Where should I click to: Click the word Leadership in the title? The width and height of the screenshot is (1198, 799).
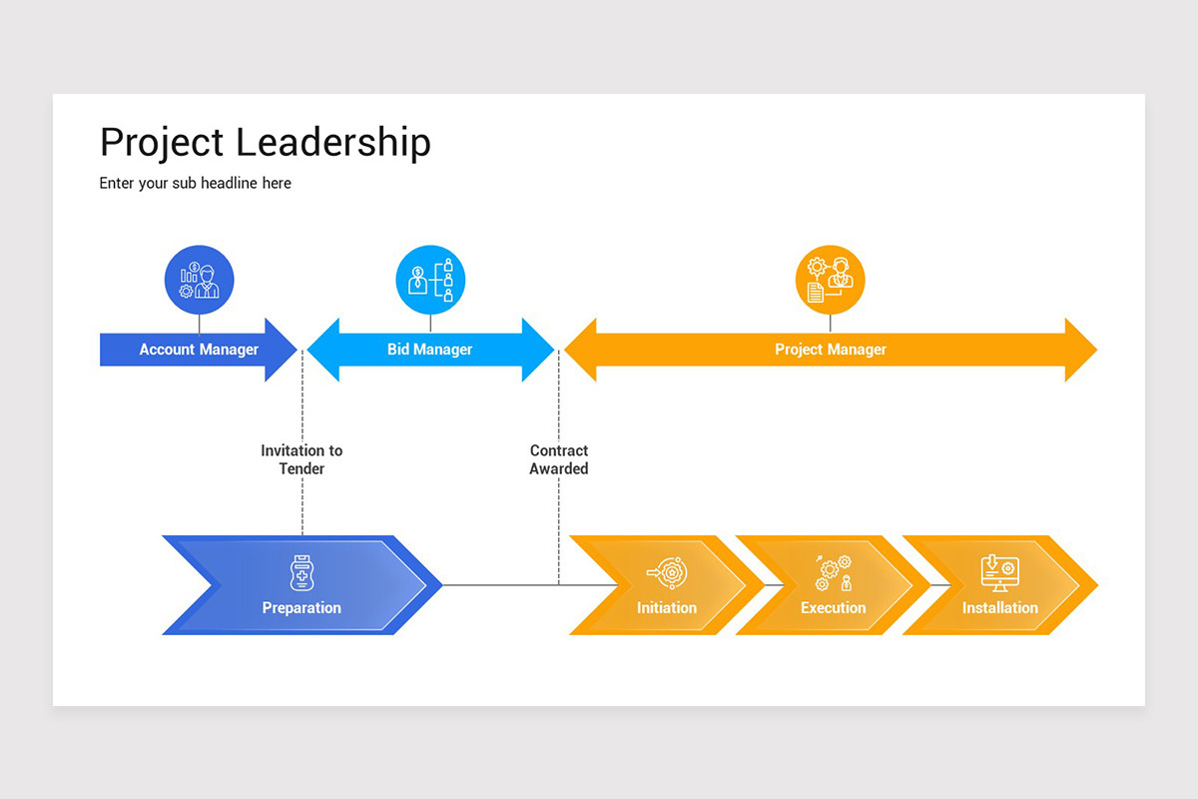[x=334, y=143]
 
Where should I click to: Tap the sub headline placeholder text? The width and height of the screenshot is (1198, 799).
[x=195, y=183]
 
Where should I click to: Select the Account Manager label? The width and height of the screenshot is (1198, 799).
[x=199, y=350]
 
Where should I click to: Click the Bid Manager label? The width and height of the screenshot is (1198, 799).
[x=429, y=350]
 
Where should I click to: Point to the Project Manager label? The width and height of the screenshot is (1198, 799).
[x=830, y=350]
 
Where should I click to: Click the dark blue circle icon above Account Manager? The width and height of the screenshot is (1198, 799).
[x=199, y=280]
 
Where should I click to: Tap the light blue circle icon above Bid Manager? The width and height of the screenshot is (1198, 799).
[x=430, y=280]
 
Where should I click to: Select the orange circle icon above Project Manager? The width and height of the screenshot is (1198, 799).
[x=830, y=280]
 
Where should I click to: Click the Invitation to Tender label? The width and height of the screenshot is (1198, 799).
[x=301, y=459]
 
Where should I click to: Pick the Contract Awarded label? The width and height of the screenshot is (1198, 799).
[x=559, y=459]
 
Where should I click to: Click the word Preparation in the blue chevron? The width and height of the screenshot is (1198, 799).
[x=301, y=607]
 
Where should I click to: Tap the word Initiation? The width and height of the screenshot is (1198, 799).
[x=667, y=607]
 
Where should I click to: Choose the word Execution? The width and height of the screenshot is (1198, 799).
[x=833, y=607]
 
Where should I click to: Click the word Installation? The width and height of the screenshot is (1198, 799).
[x=999, y=607]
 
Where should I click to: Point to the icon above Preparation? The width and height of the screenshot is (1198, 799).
[x=301, y=573]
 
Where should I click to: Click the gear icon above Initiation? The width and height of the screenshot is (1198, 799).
[x=667, y=573]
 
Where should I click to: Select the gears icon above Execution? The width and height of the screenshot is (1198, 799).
[x=834, y=573]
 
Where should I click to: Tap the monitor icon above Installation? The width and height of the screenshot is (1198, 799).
[x=999, y=573]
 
